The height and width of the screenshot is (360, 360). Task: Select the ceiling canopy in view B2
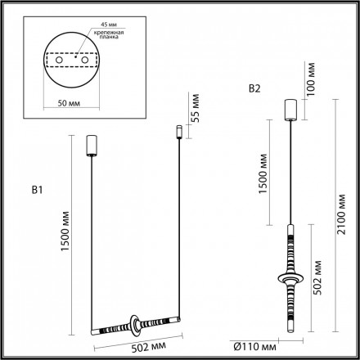(x=289, y=109)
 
